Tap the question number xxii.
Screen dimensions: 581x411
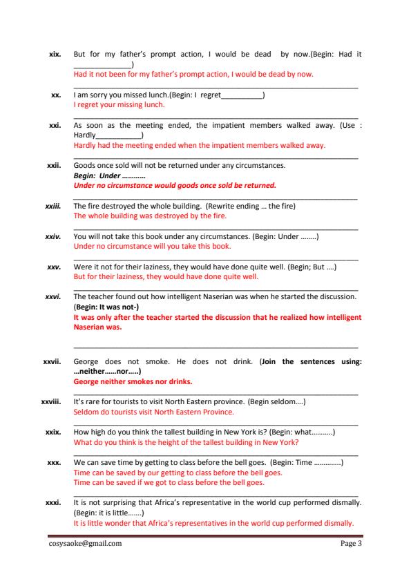(55, 166)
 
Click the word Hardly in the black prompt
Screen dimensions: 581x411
(85, 136)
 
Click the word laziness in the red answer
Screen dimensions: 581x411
(117, 276)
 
